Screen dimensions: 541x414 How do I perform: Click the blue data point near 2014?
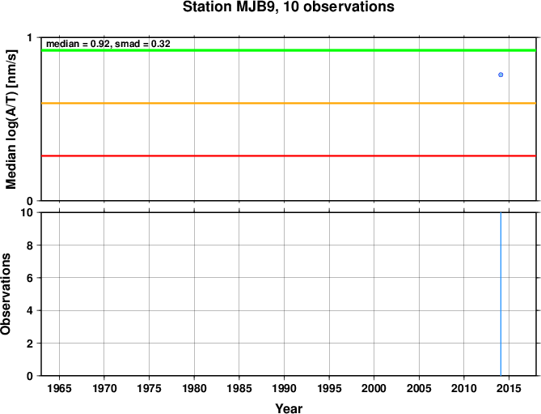tap(501, 75)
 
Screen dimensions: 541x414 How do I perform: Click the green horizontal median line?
tap(289, 50)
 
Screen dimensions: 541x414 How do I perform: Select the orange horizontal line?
tap(289, 104)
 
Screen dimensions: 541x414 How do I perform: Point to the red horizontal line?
tap(289, 156)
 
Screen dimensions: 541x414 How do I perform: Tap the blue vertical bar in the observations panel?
tap(501, 294)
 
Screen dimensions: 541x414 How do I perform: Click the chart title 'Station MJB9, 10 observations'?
tap(289, 7)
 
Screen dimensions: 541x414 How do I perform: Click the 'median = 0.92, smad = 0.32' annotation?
tap(108, 44)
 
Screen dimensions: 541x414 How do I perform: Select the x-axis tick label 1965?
tap(59, 388)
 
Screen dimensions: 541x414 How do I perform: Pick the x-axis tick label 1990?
tap(284, 388)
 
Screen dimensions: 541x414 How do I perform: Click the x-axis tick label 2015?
tap(509, 388)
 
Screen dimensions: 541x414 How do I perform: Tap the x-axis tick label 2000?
tap(374, 388)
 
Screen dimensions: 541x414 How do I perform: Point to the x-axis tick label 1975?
tap(149, 388)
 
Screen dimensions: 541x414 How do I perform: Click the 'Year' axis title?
tap(289, 408)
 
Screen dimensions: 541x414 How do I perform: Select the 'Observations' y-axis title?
tap(6, 294)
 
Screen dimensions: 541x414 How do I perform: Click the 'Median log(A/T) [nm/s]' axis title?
tap(11, 119)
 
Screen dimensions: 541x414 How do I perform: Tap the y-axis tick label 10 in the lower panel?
tap(27, 212)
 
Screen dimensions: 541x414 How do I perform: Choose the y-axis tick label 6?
tap(30, 278)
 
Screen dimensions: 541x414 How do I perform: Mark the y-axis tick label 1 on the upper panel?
tap(30, 37)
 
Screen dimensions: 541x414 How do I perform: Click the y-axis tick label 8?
tap(30, 245)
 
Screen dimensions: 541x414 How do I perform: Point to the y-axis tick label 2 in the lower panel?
tap(30, 344)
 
